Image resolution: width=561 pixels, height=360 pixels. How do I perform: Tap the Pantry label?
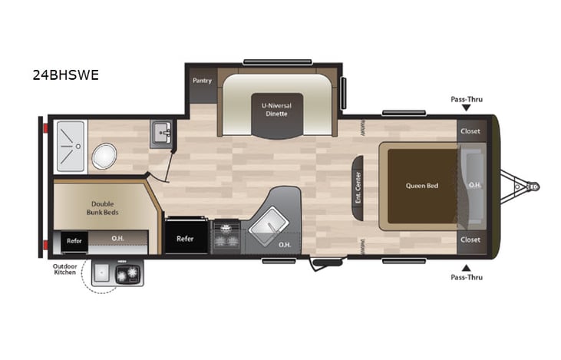click(202, 80)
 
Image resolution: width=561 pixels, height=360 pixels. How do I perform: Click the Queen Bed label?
click(421, 185)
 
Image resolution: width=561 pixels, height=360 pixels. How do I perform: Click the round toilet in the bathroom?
click(104, 156)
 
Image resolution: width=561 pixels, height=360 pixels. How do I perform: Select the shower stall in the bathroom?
click(69, 137)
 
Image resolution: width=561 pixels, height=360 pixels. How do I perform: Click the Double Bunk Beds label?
click(102, 208)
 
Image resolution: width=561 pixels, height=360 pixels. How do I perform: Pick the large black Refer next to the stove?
click(185, 238)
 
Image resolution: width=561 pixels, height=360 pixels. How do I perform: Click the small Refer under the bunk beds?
click(74, 240)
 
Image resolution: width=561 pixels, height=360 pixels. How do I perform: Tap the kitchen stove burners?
click(226, 237)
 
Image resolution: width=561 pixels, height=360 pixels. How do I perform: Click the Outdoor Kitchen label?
click(65, 270)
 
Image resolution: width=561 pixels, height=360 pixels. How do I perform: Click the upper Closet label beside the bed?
click(470, 130)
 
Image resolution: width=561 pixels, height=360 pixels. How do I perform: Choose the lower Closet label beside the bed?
click(470, 239)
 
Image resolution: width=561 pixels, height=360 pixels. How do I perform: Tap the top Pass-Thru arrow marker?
click(467, 108)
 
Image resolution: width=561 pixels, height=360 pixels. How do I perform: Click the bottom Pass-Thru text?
click(467, 276)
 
